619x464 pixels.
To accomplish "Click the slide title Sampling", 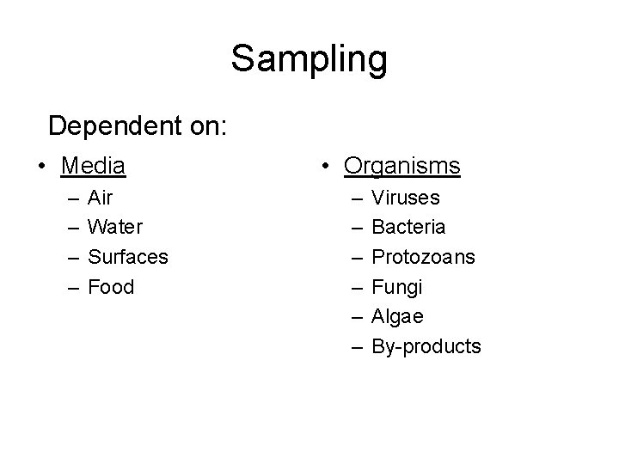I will pos(309,60).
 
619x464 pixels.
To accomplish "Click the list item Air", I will pos(101,198).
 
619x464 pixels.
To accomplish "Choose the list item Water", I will pos(115,228).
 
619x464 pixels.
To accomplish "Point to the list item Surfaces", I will pos(128,257).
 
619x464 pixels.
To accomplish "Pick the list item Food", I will pos(111,287).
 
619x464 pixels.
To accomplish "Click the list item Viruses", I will pos(406,198).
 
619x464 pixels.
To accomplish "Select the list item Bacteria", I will pos(408,228).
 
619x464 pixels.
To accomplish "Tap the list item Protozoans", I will pos(423,257).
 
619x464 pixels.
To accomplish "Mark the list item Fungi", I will pos(396,287).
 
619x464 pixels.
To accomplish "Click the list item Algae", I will pos(397,316).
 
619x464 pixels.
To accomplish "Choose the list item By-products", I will pos(426,346).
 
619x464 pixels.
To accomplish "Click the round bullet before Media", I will pos(41,165).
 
